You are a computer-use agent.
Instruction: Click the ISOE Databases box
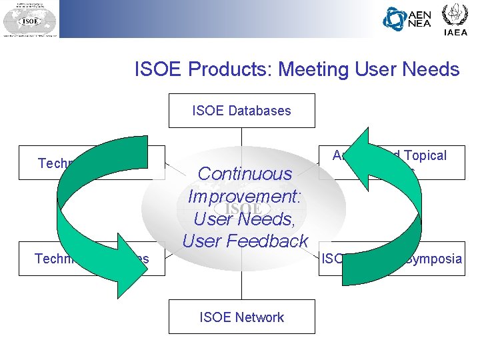coord(241,111)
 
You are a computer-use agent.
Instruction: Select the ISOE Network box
coord(241,317)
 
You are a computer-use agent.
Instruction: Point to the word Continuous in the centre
coord(245,173)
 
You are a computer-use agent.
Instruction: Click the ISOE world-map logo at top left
coord(30,20)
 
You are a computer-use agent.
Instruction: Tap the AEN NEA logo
coord(407,19)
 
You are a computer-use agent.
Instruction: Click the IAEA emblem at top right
coord(456,15)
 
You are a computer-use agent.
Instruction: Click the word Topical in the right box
coord(423,155)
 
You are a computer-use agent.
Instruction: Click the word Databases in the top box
coord(259,111)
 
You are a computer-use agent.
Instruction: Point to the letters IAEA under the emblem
coord(456,32)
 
